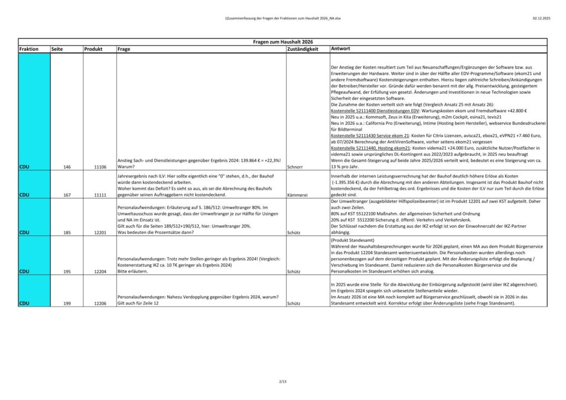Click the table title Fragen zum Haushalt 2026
[283, 42]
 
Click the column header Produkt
[93, 49]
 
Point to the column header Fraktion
[29, 49]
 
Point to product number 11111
[101, 195]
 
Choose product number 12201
[101, 233]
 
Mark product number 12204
[101, 272]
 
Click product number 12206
[101, 303]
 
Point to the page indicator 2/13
[283, 381]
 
